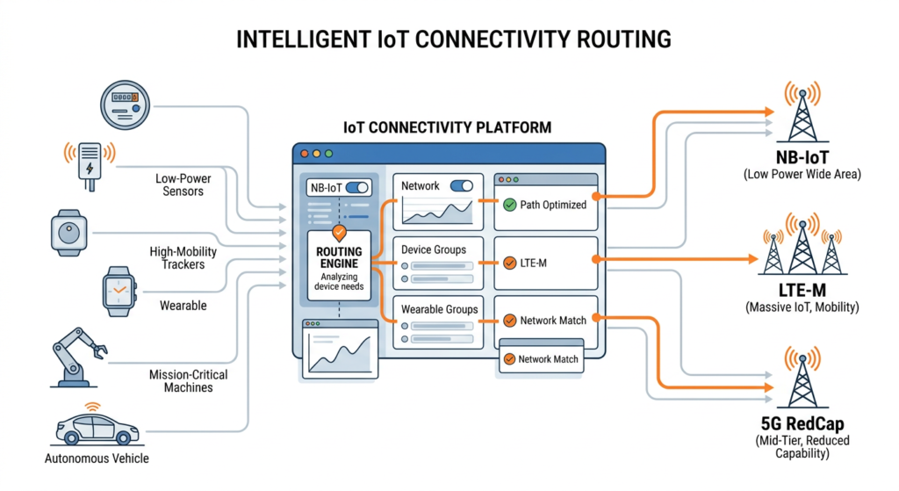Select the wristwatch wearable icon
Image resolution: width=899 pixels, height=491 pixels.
point(121,291)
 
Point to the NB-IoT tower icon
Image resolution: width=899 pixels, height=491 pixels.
point(803,114)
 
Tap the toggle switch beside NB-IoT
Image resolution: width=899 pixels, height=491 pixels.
point(356,187)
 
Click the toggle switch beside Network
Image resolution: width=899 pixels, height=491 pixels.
point(461,186)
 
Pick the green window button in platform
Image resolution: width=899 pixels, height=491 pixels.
point(328,153)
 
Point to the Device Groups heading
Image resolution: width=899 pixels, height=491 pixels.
point(434,249)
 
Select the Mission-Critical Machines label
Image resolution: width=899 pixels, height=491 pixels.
point(188,380)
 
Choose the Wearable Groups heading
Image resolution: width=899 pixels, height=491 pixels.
point(440,309)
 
